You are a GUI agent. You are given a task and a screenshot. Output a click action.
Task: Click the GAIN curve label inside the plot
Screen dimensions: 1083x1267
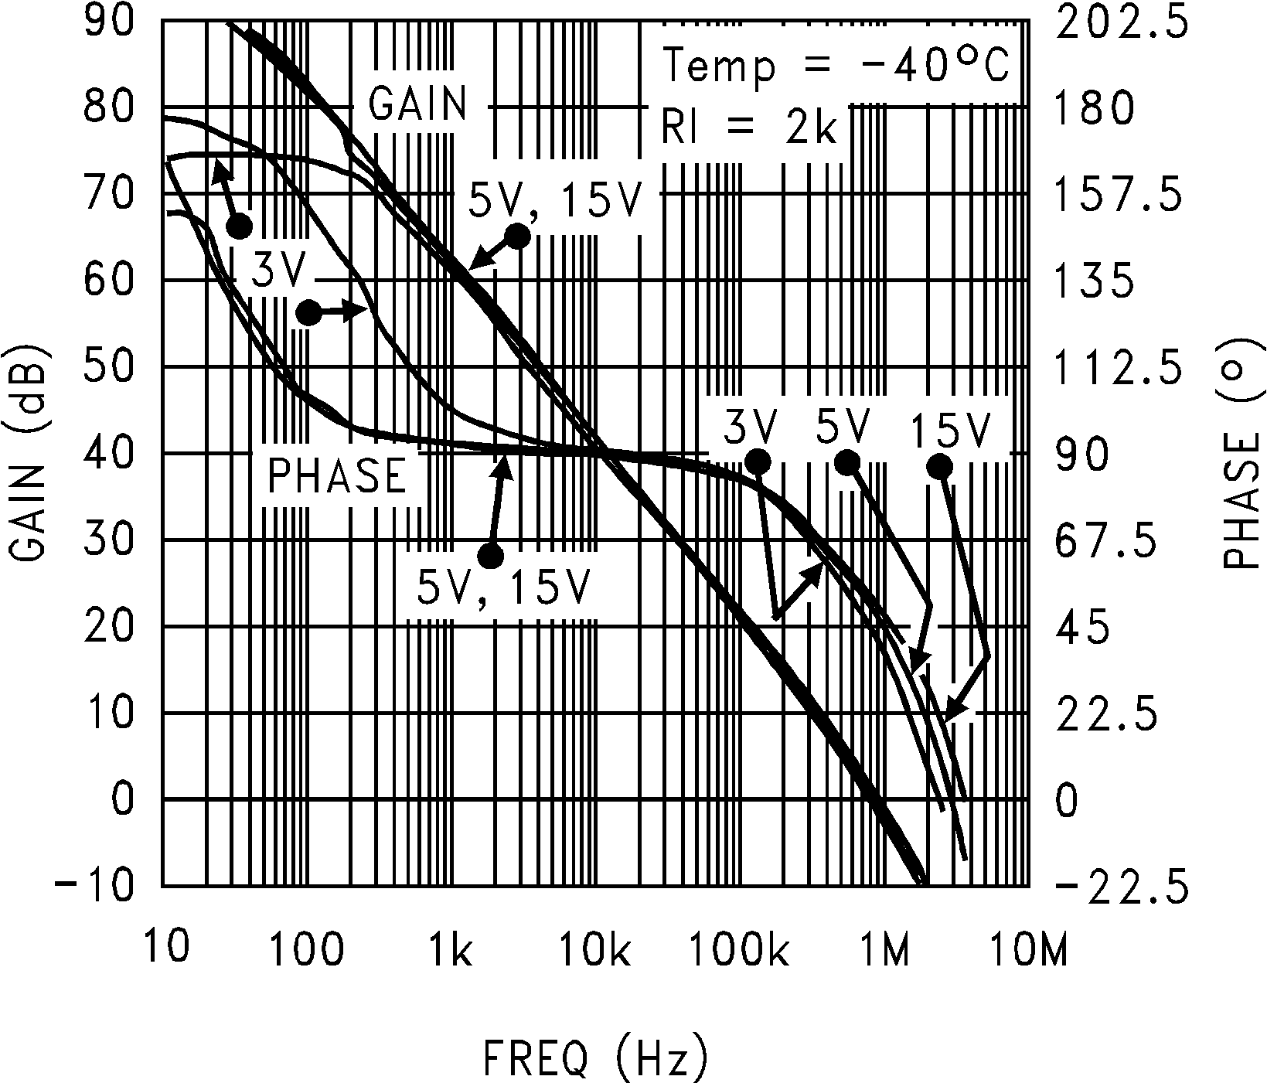[418, 104]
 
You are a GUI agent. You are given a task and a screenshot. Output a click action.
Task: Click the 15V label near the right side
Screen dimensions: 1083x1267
[949, 431]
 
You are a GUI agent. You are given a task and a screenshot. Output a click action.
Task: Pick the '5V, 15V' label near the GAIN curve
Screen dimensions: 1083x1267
[555, 200]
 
